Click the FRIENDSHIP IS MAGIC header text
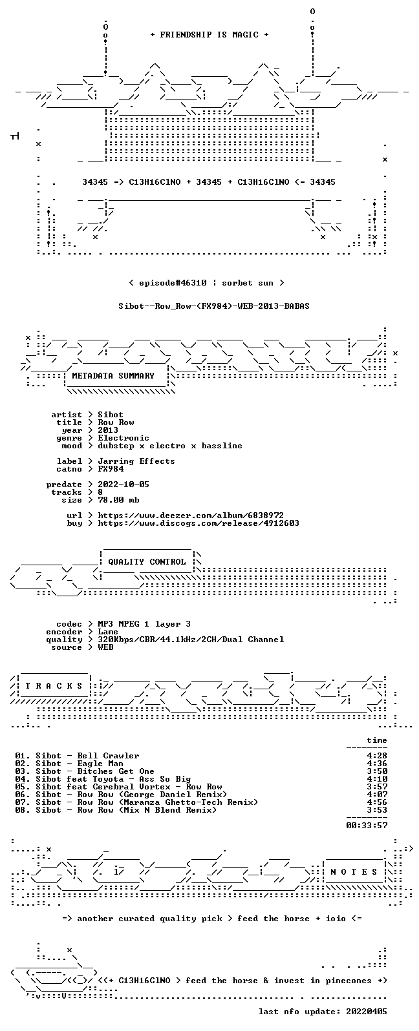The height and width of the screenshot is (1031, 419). (x=209, y=35)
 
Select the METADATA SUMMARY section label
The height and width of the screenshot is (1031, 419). (x=113, y=376)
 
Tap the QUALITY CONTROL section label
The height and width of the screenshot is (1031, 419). (x=147, y=562)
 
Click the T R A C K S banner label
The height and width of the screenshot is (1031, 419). (x=54, y=686)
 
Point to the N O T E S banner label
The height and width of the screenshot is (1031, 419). (x=354, y=871)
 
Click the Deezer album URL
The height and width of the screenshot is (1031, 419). (x=191, y=515)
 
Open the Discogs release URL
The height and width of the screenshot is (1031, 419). (x=199, y=523)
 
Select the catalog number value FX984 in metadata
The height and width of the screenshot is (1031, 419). (x=111, y=469)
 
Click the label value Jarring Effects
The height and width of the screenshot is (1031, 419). (x=136, y=461)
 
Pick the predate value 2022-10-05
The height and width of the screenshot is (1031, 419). (x=124, y=484)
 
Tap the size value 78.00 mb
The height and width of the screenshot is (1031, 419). (x=118, y=500)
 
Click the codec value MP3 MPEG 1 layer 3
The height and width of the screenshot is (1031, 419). (x=144, y=624)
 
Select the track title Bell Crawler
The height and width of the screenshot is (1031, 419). (x=108, y=756)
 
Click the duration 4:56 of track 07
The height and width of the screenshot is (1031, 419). (x=377, y=802)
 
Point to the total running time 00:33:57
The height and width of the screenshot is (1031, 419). (x=367, y=826)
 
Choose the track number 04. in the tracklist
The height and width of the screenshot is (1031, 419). (x=23, y=779)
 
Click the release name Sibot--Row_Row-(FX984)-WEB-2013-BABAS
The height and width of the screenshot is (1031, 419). (x=214, y=306)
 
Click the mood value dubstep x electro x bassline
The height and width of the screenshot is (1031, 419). (x=170, y=446)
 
